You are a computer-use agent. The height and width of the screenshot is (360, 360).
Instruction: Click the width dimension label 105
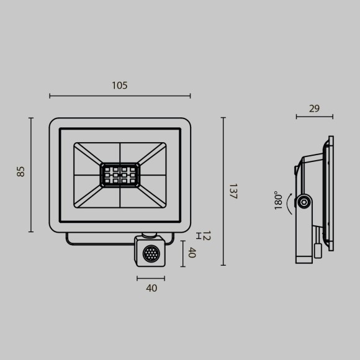120,86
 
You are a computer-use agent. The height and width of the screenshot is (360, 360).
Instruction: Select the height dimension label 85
21,171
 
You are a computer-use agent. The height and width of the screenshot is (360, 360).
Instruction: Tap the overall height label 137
233,191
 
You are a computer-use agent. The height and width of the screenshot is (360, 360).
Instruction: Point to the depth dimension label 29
314,109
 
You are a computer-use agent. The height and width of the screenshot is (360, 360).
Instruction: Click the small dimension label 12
207,235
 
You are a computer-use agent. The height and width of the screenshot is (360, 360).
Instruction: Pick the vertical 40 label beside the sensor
192,253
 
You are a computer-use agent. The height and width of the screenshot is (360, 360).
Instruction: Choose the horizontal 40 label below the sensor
151,288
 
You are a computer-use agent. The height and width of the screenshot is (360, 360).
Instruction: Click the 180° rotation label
279,201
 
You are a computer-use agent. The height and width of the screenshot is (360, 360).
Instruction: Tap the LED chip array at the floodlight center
120,175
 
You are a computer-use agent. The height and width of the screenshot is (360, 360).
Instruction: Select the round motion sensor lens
151,253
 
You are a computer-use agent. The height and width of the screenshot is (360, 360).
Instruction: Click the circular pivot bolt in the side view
304,202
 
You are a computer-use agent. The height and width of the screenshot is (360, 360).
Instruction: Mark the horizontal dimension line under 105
120,96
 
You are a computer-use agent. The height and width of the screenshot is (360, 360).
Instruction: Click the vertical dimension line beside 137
223,191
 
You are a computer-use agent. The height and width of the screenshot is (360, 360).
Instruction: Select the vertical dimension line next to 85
30,174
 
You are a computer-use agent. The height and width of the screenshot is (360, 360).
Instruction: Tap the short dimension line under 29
314,117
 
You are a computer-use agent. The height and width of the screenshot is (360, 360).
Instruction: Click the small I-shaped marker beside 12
198,235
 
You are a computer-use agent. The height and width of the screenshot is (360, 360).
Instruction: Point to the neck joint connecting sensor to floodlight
150,235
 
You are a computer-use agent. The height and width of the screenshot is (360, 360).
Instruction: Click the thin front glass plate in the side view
331,193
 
